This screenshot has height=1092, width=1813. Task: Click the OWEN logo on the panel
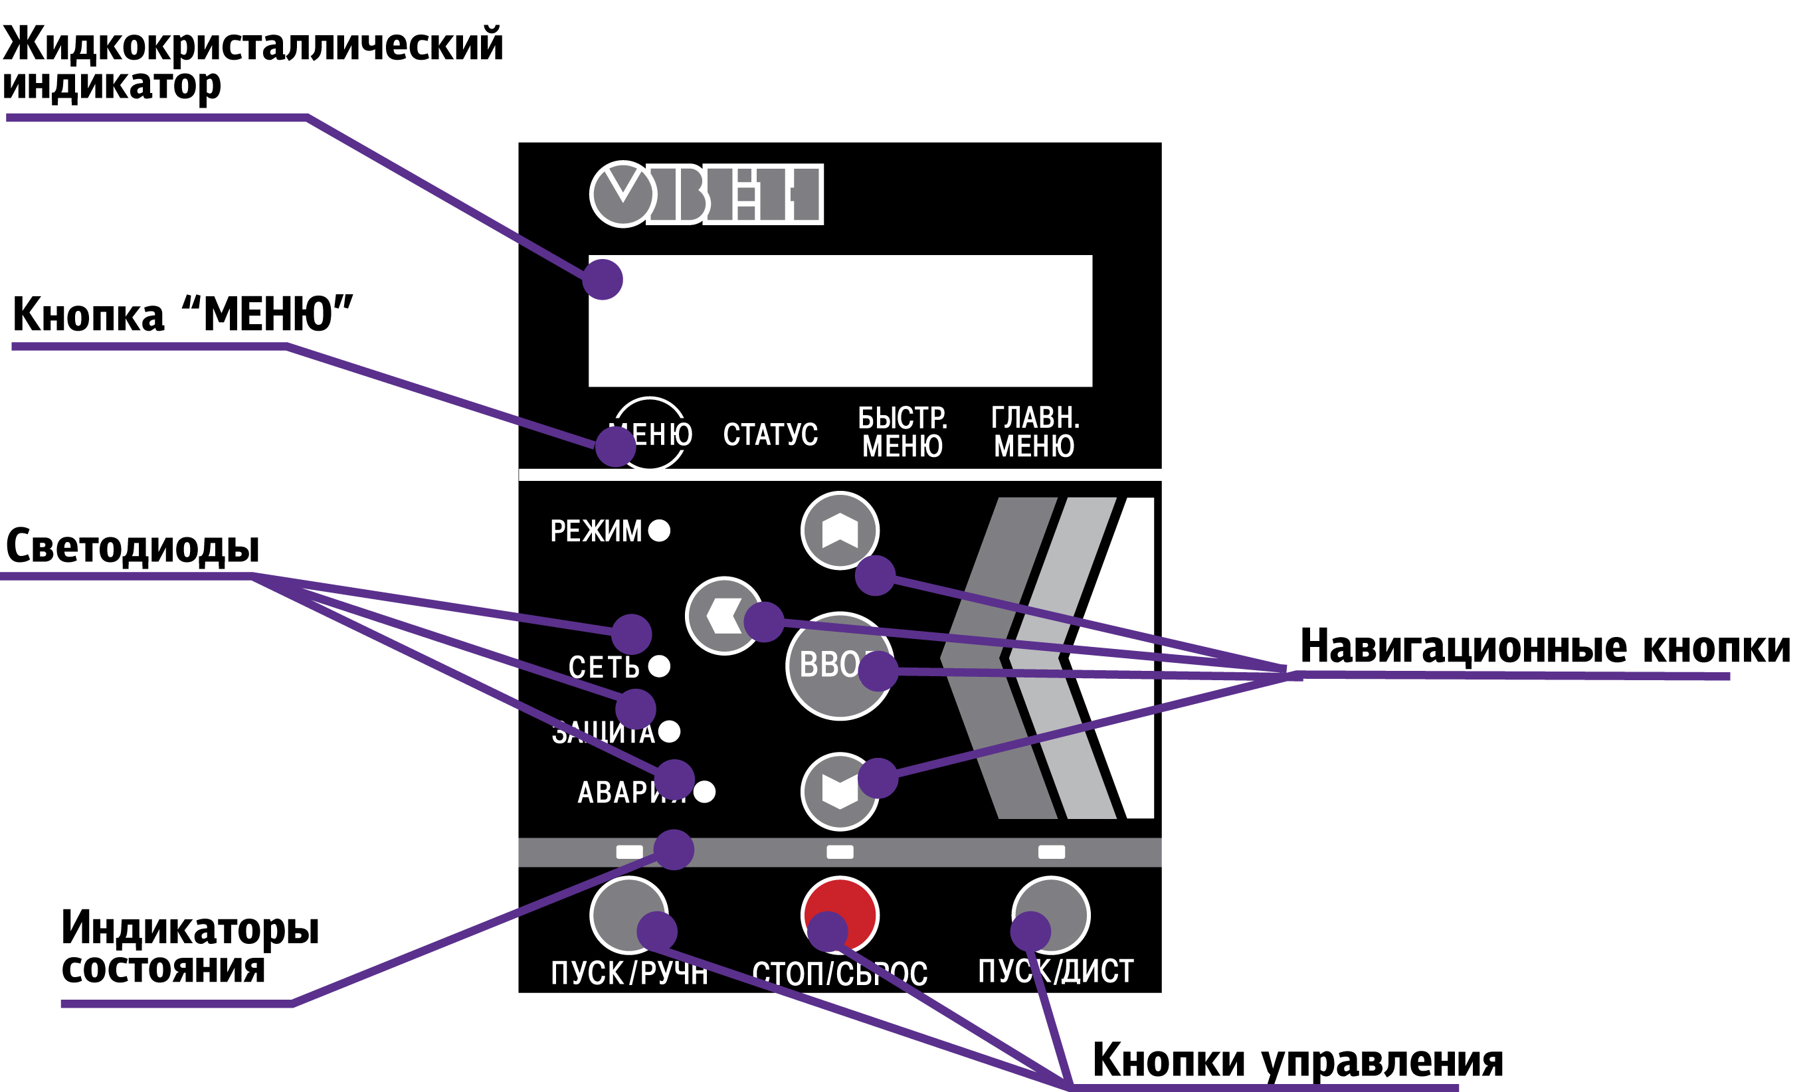click(706, 193)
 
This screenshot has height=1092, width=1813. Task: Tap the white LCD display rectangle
click(840, 321)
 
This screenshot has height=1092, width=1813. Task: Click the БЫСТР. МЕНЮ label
click(902, 432)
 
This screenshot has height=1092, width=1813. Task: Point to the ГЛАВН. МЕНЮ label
click(1034, 432)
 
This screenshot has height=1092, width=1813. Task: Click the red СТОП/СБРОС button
click(840, 915)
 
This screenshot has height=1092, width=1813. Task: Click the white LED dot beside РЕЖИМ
click(659, 530)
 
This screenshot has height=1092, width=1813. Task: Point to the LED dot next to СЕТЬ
click(659, 666)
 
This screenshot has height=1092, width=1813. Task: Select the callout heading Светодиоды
click(132, 547)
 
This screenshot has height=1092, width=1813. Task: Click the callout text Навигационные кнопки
click(1545, 647)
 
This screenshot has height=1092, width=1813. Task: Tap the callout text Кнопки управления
click(1297, 1060)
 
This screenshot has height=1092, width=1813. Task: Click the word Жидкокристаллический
click(252, 44)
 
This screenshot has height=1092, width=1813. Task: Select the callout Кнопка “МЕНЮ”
click(183, 314)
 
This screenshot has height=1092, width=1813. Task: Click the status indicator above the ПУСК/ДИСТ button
click(1051, 852)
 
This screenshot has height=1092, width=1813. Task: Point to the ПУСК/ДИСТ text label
click(1055, 971)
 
